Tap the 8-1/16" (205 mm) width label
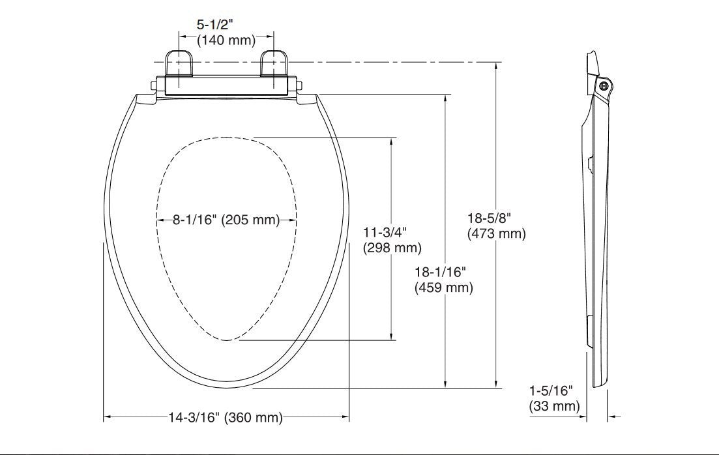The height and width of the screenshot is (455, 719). coord(226,220)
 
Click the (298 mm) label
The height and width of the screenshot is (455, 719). coord(392,248)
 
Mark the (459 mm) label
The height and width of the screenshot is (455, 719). coord(443,287)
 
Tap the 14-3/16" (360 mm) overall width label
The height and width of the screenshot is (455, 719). coord(226,418)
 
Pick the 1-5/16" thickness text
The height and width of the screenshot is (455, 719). coord(551,391)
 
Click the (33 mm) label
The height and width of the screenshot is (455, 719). coord(554,407)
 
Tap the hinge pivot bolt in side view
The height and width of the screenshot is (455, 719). coord(603,85)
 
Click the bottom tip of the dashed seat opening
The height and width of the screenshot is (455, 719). coord(226,340)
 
